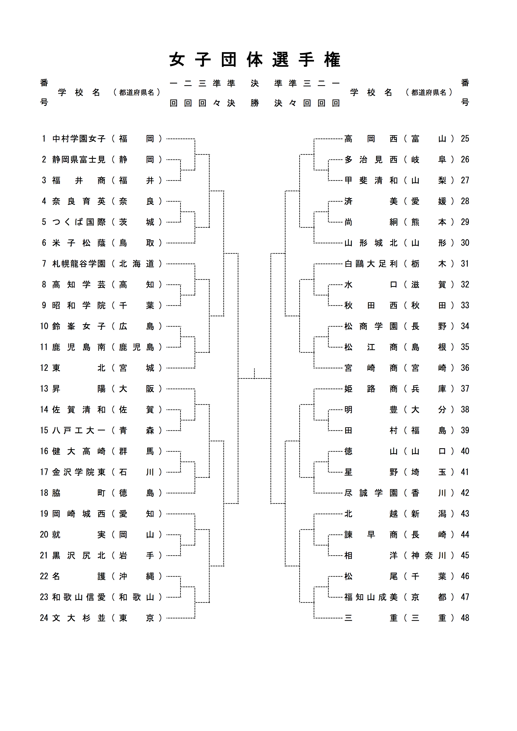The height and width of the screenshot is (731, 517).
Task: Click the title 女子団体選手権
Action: tap(255, 60)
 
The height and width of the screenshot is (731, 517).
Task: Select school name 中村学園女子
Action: tap(79, 139)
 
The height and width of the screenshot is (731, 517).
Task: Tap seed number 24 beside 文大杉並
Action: tap(44, 618)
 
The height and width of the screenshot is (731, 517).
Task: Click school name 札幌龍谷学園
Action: tap(79, 264)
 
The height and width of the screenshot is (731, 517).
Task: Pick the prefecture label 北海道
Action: tap(136, 264)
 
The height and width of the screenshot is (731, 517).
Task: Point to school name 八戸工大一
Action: tap(79, 431)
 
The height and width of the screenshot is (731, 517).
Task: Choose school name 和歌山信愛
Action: tap(79, 597)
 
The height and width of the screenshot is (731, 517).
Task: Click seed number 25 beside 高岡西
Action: tap(465, 139)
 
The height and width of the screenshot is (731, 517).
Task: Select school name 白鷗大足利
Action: tap(371, 264)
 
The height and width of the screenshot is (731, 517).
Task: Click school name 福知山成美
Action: tap(371, 597)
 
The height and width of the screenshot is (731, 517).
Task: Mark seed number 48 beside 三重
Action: tap(465, 618)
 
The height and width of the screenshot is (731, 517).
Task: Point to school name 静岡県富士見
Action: tap(79, 159)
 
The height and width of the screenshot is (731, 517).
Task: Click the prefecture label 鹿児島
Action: tap(136, 347)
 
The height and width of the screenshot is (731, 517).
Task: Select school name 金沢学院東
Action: tap(79, 472)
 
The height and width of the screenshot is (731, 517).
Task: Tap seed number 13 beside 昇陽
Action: tap(44, 389)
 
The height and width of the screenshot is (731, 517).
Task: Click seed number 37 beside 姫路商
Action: tap(465, 389)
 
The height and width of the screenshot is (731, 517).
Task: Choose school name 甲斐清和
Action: tap(371, 180)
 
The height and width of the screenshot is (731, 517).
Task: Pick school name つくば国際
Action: tap(79, 222)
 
